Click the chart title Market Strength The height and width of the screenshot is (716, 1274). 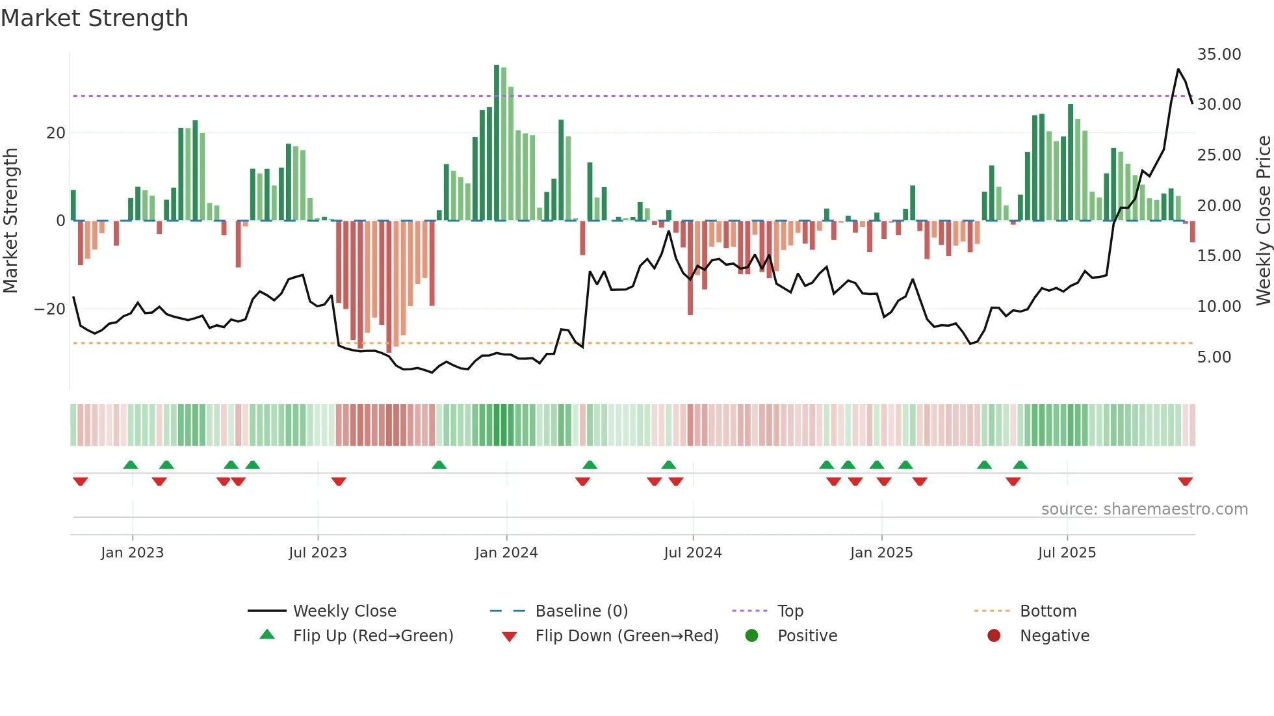tap(94, 18)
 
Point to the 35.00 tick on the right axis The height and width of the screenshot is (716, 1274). tap(1219, 55)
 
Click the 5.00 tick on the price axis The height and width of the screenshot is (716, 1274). tap(1214, 357)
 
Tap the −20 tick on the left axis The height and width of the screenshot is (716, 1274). tap(49, 309)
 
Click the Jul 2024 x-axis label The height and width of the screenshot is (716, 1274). tap(692, 553)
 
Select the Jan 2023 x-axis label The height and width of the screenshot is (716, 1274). tap(132, 553)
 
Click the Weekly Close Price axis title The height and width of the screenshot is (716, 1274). tap(1263, 220)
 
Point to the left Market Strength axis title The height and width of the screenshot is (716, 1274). tap(10, 220)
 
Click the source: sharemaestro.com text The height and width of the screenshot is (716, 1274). tap(1144, 509)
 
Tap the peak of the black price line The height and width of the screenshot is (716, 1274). tap(1178, 70)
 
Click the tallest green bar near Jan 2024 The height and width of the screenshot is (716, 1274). tap(497, 66)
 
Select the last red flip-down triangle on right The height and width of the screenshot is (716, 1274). tap(1185, 481)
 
